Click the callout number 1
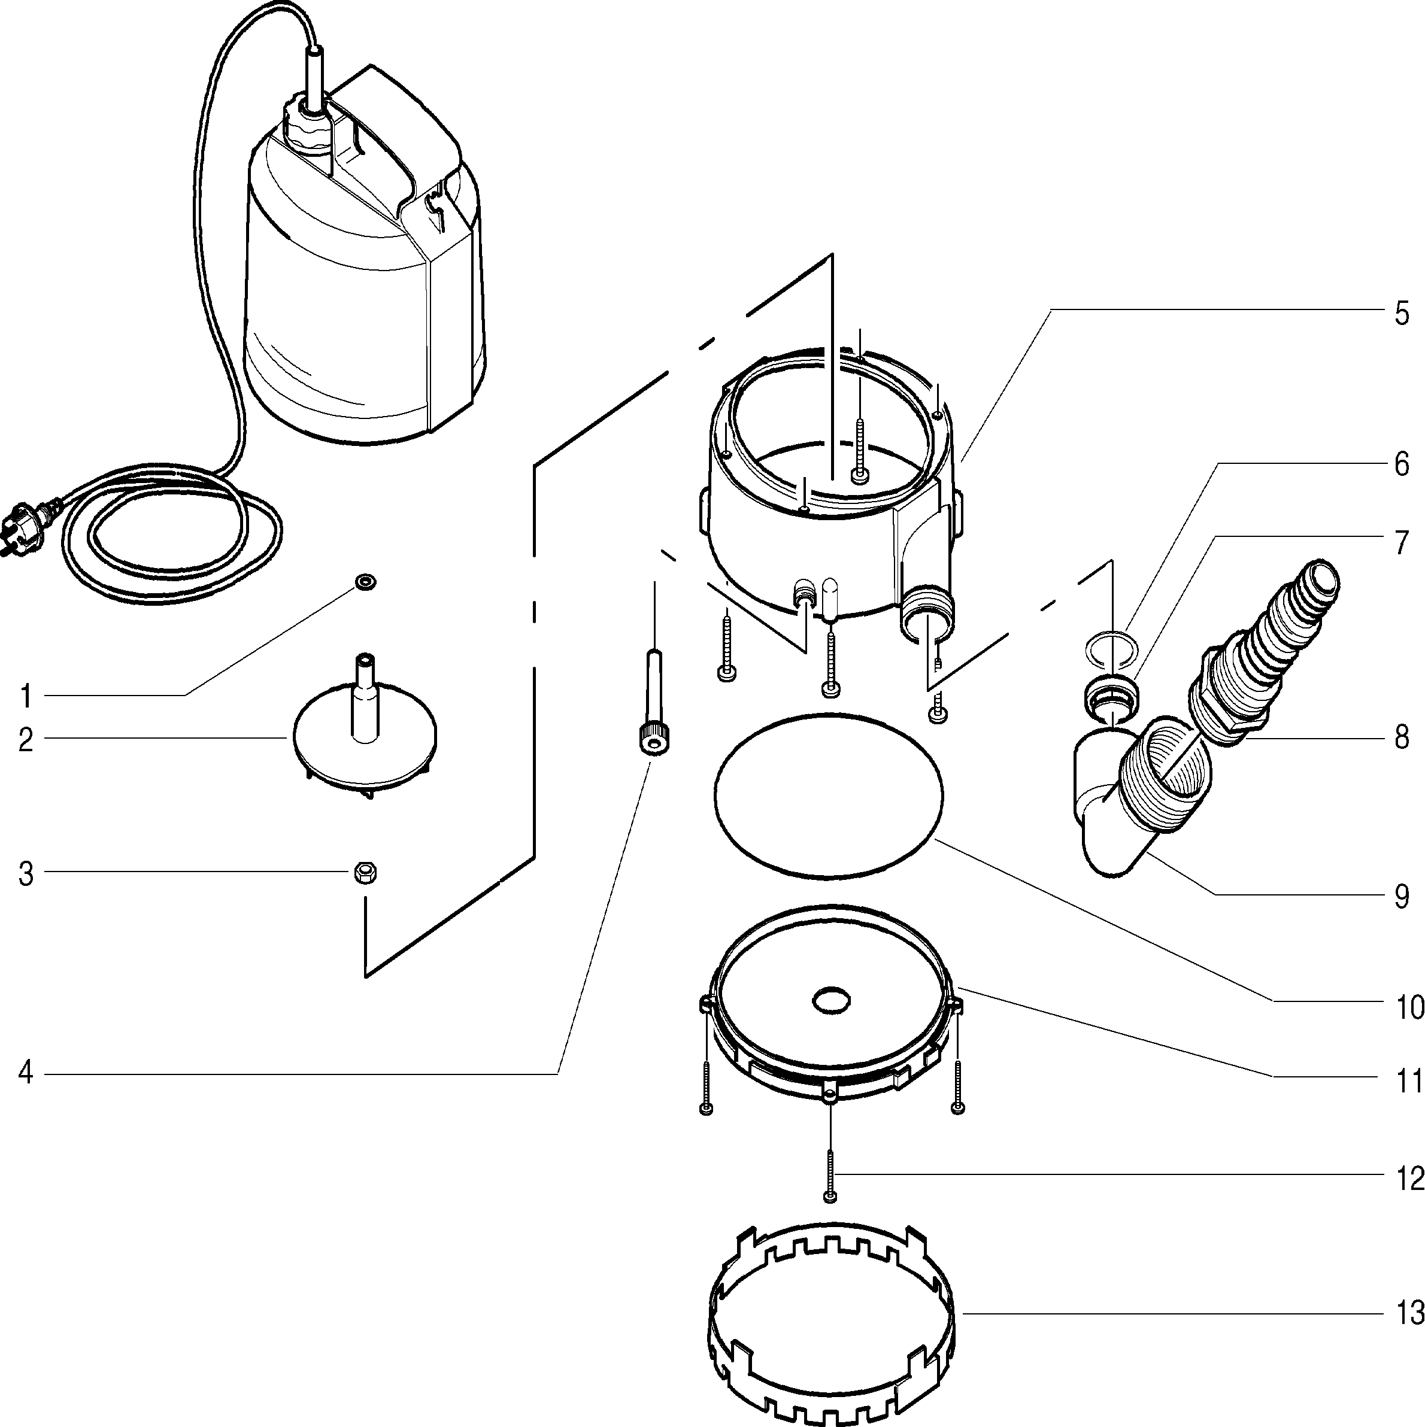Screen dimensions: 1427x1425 pyautogui.click(x=26, y=696)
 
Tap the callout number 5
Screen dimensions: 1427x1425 pyautogui.click(x=1402, y=314)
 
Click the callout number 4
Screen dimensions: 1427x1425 pyautogui.click(x=26, y=1074)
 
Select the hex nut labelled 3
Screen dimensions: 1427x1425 pyautogui.click(x=363, y=872)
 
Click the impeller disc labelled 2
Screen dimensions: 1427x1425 pyautogui.click(x=364, y=746)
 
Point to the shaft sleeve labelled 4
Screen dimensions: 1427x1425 pyautogui.click(x=654, y=702)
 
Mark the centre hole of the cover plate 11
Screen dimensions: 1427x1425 pyautogui.click(x=831, y=1001)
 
